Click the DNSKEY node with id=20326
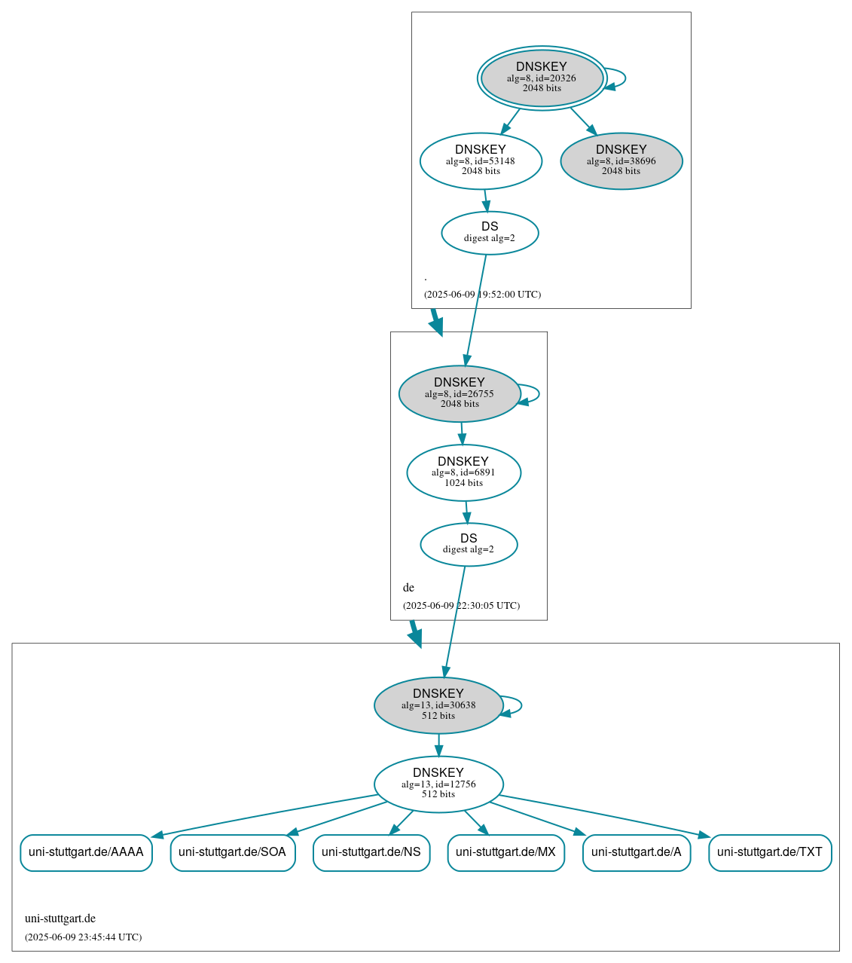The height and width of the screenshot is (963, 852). pos(542,78)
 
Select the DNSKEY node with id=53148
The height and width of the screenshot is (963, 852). pos(481,160)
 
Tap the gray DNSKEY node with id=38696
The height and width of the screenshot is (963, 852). pos(621,160)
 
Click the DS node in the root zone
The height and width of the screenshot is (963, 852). pos(490,233)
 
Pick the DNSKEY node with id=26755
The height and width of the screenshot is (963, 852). pos(460,393)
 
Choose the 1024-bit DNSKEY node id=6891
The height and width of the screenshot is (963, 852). pos(463,472)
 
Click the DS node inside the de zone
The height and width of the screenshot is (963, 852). pos(469,544)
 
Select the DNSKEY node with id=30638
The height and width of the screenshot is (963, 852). pos(438,705)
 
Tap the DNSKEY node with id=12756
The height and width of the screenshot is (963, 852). pos(438,784)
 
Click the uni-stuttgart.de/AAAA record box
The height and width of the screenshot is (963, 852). pos(86,852)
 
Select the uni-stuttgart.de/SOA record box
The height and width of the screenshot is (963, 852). pos(232,852)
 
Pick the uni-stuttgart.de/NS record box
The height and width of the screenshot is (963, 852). pos(371,852)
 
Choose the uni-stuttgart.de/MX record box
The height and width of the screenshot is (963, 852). pos(505,852)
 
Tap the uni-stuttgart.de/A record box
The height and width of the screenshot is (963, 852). pos(636,852)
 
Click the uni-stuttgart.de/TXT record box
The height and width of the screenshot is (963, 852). pos(770,852)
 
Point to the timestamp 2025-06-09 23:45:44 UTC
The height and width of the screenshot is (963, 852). pos(83,937)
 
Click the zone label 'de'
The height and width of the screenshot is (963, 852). pos(408,588)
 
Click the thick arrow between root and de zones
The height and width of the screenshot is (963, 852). pos(435,322)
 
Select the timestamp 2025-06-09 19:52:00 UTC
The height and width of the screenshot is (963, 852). pos(482,295)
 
